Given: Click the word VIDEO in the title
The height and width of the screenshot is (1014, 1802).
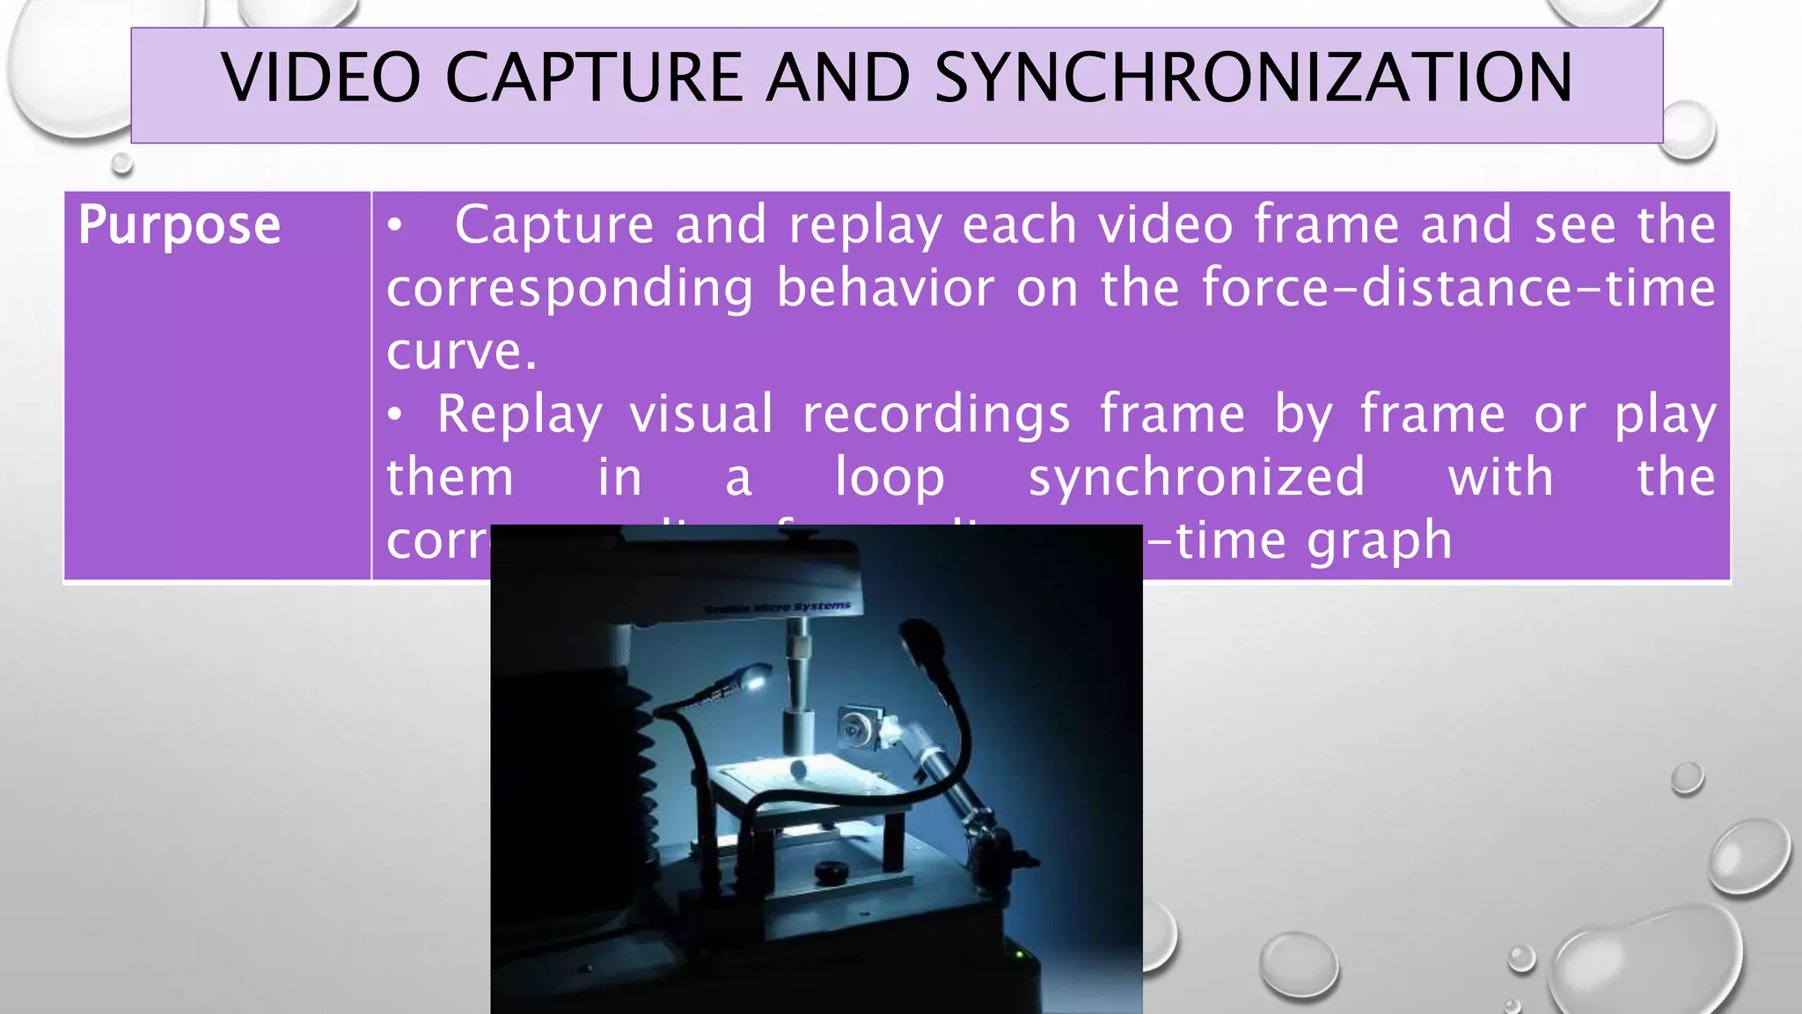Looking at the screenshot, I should pos(321,77).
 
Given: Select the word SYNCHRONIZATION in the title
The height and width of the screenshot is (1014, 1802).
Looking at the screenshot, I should pos(1253,77).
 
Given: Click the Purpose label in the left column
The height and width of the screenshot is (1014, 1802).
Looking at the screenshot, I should pos(179,224).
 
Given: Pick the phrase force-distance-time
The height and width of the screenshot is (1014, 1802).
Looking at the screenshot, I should pos(1458,288).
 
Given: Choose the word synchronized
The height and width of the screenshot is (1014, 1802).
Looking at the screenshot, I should pos(1197,477).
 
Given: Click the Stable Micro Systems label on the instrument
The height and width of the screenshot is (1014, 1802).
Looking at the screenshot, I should pos(778,607).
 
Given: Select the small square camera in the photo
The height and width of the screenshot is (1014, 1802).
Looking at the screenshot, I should pos(856,726).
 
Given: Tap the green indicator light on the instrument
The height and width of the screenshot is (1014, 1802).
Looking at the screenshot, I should pos(1019,953).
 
